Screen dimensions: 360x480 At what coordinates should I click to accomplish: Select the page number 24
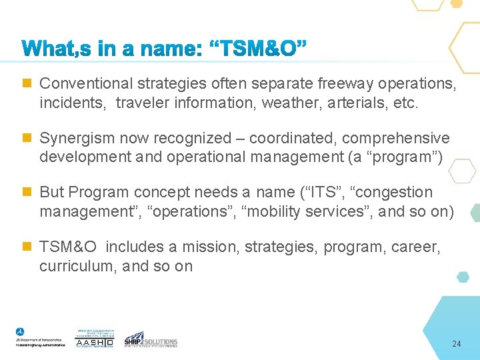pyautogui.click(x=456, y=344)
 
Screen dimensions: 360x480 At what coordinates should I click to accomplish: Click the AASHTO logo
pyautogui.click(x=95, y=339)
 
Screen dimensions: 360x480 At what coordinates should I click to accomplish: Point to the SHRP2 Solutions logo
pyautogui.click(x=151, y=339)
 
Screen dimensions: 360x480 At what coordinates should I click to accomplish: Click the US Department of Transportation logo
pyautogui.click(x=40, y=337)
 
